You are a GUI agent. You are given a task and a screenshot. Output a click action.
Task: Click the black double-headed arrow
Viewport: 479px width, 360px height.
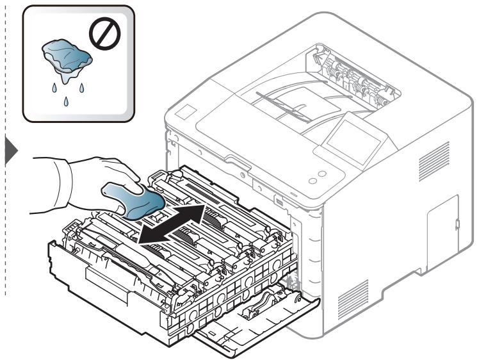172,224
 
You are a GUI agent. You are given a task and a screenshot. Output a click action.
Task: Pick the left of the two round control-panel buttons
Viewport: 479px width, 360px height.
313,181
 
